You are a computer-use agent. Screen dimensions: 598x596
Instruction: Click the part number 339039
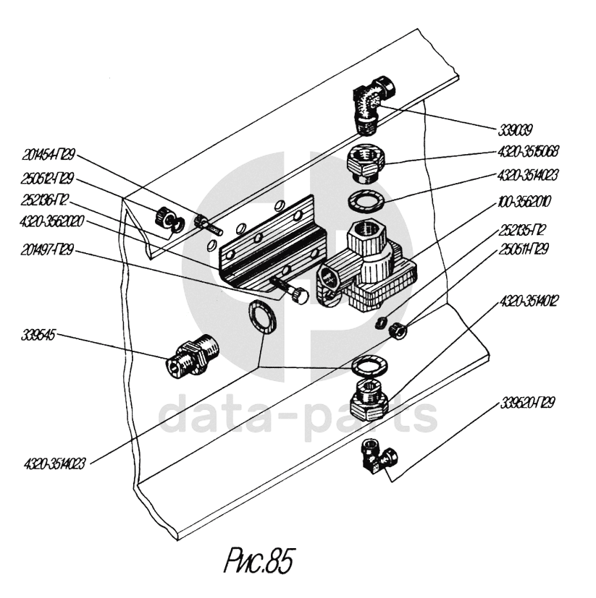click(x=515, y=131)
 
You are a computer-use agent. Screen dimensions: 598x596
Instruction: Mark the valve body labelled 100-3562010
click(x=369, y=271)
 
